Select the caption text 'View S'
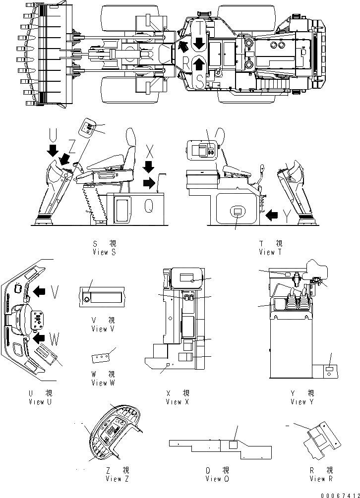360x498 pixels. point(104,252)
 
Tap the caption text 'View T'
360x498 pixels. point(270,252)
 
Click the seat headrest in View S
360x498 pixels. point(131,137)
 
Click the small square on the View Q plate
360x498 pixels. point(233,445)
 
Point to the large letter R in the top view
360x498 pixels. point(185,63)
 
